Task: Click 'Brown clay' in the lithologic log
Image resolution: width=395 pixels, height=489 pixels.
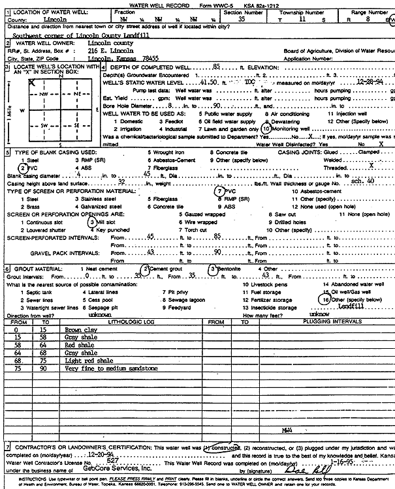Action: click(82, 330)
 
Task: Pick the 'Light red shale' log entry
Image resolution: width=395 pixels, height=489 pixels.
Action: click(89, 361)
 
